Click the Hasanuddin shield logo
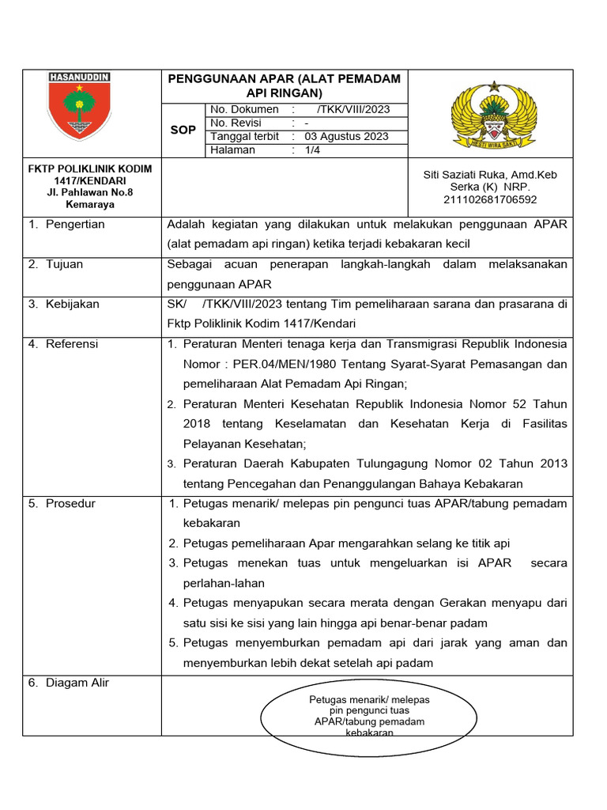pos(79,106)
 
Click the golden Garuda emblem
pos(494,114)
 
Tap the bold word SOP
pos(183,130)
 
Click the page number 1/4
pos(315,150)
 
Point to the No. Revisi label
pos(236,123)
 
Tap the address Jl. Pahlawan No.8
pos(90,192)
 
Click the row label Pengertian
pos(75,224)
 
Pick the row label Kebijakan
pos(72,304)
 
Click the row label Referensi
pos(72,344)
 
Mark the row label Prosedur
pos(70,503)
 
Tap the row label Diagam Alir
pos(77,683)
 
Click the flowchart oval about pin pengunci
pos(368,717)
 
